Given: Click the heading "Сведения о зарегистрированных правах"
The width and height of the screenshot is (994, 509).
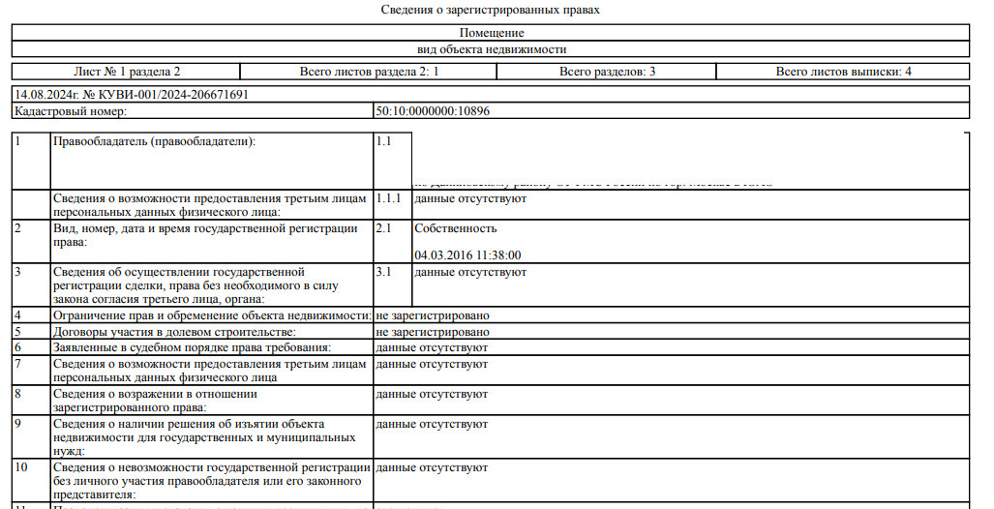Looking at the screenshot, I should coord(492,10).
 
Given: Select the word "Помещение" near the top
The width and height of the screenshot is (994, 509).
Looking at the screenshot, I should coord(492,33).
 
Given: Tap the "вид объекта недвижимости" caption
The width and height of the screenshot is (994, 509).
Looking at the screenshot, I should coord(492,49).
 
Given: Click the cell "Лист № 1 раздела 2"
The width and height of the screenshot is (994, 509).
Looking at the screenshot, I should coord(127,72).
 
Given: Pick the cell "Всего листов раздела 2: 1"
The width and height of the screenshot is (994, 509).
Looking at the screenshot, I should coord(369,72).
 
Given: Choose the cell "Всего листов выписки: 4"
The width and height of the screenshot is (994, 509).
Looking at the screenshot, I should coord(843,72).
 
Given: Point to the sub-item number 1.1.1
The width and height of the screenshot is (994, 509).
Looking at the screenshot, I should coord(387,198).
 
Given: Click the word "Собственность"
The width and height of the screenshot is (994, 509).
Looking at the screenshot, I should coord(455,228).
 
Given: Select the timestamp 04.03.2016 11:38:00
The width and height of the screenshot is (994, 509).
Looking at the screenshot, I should coord(467,254).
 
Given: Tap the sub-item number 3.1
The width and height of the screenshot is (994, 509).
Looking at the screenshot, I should coord(382,272).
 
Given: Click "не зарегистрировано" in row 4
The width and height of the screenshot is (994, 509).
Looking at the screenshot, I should coord(432,315).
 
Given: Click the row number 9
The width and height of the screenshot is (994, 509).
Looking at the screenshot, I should coord(17,424).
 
